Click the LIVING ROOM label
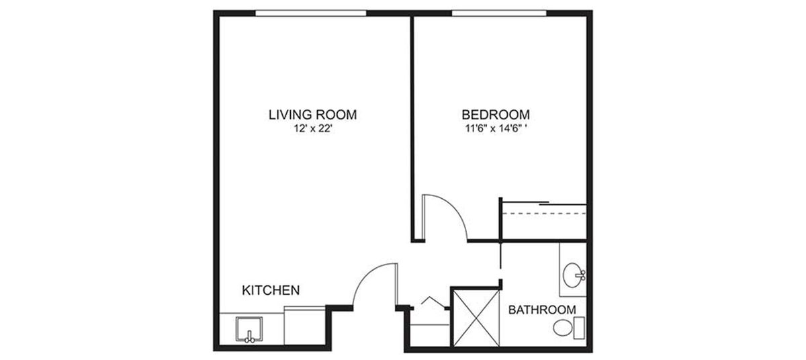tap(313, 115)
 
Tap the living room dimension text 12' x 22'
tap(312, 128)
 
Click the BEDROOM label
tap(496, 115)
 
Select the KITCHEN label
tap(271, 290)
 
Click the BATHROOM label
tap(542, 310)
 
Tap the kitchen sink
tap(249, 328)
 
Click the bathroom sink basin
tap(572, 275)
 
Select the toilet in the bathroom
tap(568, 328)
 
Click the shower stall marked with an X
tap(476, 318)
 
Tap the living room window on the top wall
tap(311, 13)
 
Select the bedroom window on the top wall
tap(499, 13)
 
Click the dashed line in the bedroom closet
tap(545, 214)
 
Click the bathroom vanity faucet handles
tap(581, 275)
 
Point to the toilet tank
tap(579, 328)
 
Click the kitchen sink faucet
tap(249, 336)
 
